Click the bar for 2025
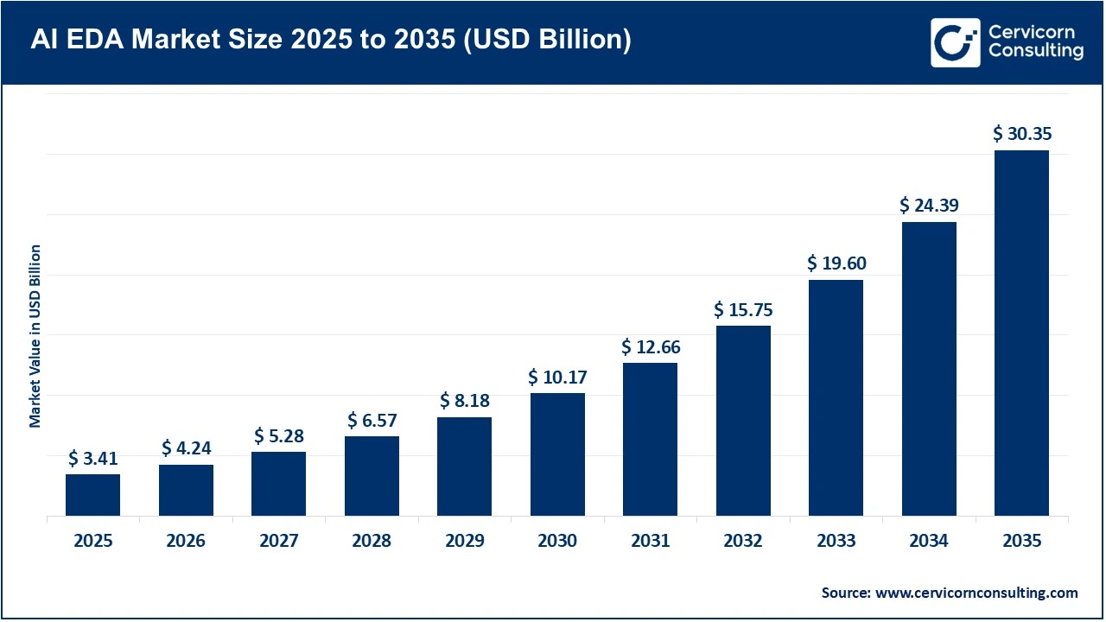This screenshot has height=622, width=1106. click(92, 494)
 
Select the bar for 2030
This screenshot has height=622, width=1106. click(557, 454)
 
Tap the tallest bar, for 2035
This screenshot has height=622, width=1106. click(1021, 333)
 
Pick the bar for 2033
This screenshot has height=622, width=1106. click(836, 397)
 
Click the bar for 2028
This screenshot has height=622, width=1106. click(372, 476)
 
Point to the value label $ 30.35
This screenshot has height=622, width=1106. click(1021, 134)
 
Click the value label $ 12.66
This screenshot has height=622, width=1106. click(651, 347)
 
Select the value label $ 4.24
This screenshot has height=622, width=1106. click(186, 448)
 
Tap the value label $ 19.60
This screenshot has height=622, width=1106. click(836, 263)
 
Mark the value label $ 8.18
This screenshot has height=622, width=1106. click(465, 401)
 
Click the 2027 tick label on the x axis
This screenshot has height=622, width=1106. click(278, 542)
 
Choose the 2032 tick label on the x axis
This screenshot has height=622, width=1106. click(743, 542)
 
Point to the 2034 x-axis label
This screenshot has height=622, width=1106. click(929, 542)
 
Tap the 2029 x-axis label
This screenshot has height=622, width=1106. click(465, 542)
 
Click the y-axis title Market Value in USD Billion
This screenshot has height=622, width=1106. click(35, 335)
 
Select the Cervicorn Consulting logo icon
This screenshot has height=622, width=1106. click(955, 42)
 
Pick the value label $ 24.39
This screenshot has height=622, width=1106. click(929, 206)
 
